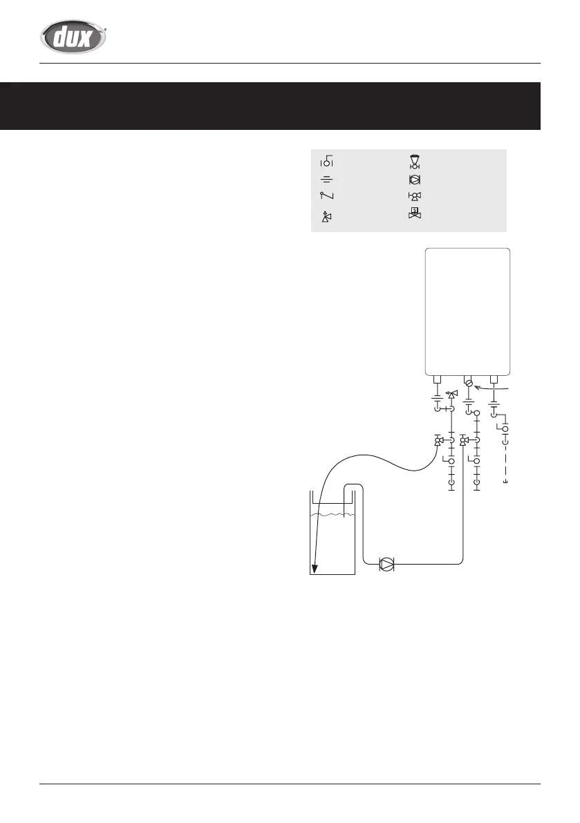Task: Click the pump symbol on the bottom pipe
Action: [x=387, y=565]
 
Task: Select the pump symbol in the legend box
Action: [x=415, y=180]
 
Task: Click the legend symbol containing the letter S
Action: [x=415, y=214]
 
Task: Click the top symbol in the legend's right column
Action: [x=415, y=162]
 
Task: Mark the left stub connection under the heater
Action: [x=437, y=379]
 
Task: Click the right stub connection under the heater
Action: [x=494, y=379]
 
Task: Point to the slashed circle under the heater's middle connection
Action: [x=469, y=384]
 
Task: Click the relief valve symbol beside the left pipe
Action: [x=452, y=395]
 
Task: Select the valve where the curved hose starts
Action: [x=438, y=441]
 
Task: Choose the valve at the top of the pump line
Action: [x=463, y=441]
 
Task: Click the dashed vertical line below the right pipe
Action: [x=505, y=460]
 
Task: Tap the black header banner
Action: [x=270, y=106]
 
